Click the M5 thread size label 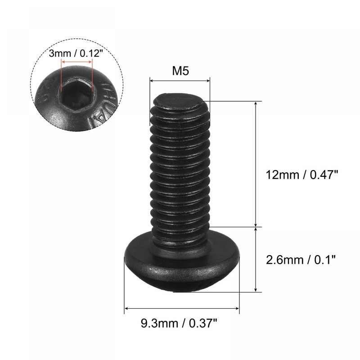point(180,71)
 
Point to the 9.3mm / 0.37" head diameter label point(181,322)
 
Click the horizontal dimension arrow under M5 point(180,81)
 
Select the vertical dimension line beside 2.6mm point(256,260)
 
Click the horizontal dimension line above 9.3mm point(181,308)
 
